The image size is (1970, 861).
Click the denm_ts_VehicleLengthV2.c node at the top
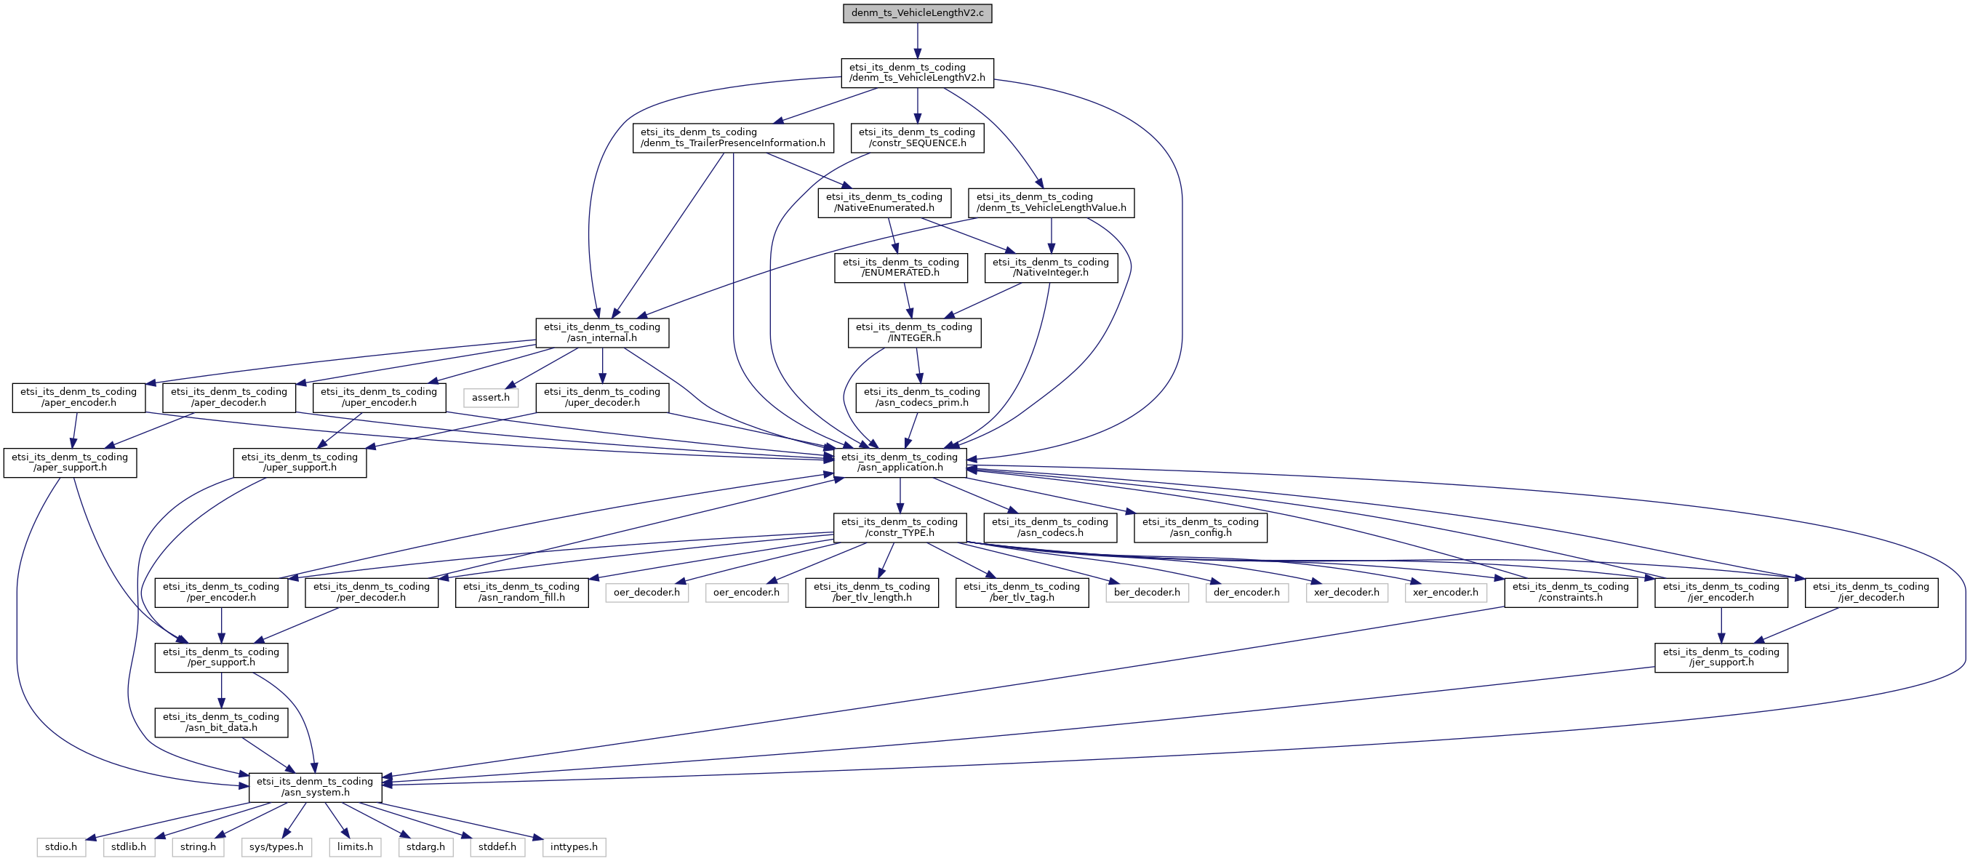click(917, 13)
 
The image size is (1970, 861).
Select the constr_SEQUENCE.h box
click(917, 137)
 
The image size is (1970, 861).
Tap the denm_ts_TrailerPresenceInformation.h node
click(732, 137)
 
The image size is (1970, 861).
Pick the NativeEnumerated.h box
click(884, 203)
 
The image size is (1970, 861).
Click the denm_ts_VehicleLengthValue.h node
click(1051, 203)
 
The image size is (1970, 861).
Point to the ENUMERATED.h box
click(900, 268)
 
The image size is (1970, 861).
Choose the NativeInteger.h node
click(1051, 268)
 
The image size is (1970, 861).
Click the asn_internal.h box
click(602, 332)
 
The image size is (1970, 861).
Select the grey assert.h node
click(490, 398)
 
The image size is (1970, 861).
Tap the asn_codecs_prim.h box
click(921, 398)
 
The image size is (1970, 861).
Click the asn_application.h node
click(900, 462)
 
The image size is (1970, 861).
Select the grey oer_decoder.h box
click(646, 593)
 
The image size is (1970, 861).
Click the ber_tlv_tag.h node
click(1022, 593)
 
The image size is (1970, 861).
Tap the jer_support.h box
click(1721, 657)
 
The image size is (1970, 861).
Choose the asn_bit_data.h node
click(221, 723)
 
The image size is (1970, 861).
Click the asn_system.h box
click(315, 788)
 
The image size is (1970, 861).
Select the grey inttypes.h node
click(574, 847)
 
